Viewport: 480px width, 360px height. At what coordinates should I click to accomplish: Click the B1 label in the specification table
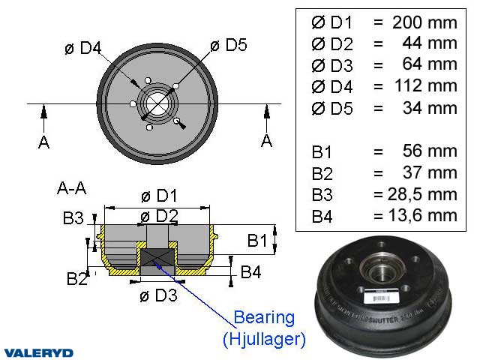(322, 151)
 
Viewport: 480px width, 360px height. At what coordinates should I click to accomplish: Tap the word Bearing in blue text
(264, 317)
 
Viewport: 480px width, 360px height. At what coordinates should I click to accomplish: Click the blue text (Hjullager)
(264, 339)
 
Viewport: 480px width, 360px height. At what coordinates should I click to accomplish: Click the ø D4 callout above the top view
(82, 48)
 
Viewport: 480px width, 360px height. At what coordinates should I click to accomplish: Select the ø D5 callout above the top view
(228, 45)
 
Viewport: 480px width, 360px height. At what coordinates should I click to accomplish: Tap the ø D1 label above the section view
(159, 196)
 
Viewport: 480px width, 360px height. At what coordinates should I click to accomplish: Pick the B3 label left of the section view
(73, 218)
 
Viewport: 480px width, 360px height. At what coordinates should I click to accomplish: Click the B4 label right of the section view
(250, 272)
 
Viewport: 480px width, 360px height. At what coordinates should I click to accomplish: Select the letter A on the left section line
(43, 142)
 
